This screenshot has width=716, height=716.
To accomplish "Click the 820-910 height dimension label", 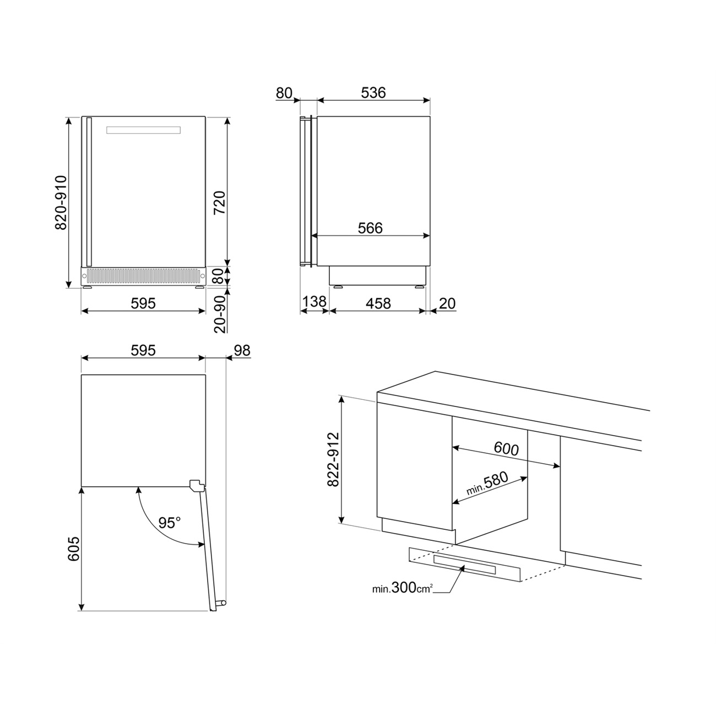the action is pos(61,203).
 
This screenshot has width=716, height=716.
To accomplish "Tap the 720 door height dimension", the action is pos(220,203).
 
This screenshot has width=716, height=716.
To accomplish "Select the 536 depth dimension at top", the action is pos(373,93).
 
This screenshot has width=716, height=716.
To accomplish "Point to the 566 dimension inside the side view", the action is pos(370,228).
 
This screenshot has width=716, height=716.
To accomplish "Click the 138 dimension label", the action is pos(314,301).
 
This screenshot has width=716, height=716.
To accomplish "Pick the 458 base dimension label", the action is pos(378,303).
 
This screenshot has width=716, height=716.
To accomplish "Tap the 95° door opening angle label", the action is pos(170,523).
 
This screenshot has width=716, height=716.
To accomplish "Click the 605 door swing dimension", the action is pos(74,549).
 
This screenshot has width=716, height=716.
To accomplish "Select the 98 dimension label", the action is pos(242,350).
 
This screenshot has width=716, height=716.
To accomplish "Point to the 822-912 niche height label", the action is pos(333,459).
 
